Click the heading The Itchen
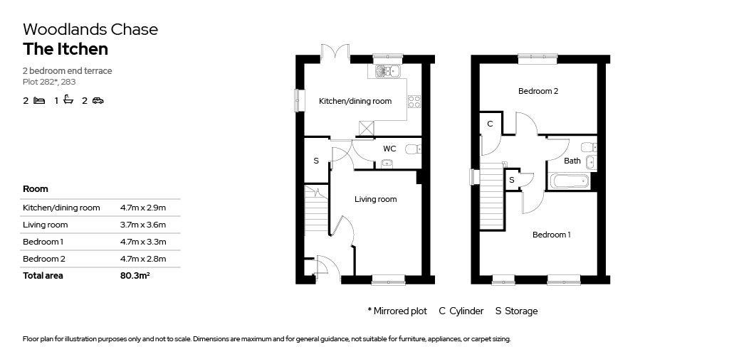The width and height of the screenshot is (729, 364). point(65,49)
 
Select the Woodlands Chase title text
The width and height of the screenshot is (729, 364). point(90,29)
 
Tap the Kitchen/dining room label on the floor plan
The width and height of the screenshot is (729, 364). point(355,101)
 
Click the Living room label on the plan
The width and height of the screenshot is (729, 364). point(375,199)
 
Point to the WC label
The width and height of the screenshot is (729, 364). point(389,149)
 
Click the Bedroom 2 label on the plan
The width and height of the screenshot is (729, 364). point(537,91)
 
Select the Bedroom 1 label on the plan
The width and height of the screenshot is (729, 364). point(551,235)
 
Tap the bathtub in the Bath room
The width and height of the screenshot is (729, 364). point(570,181)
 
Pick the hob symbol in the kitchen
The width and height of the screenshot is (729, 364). point(414,101)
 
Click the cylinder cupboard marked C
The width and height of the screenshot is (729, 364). point(490,124)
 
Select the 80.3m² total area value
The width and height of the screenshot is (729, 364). point(135,276)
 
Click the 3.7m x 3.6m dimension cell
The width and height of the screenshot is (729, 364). point(143,225)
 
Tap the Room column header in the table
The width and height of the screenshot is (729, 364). point(36,189)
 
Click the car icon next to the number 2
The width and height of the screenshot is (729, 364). point(98,101)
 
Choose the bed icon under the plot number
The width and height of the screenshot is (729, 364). point(39,101)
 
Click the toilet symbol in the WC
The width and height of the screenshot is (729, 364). point(412,149)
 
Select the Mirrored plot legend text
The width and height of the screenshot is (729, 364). point(397,311)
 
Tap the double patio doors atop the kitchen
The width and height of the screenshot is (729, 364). point(334,51)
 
